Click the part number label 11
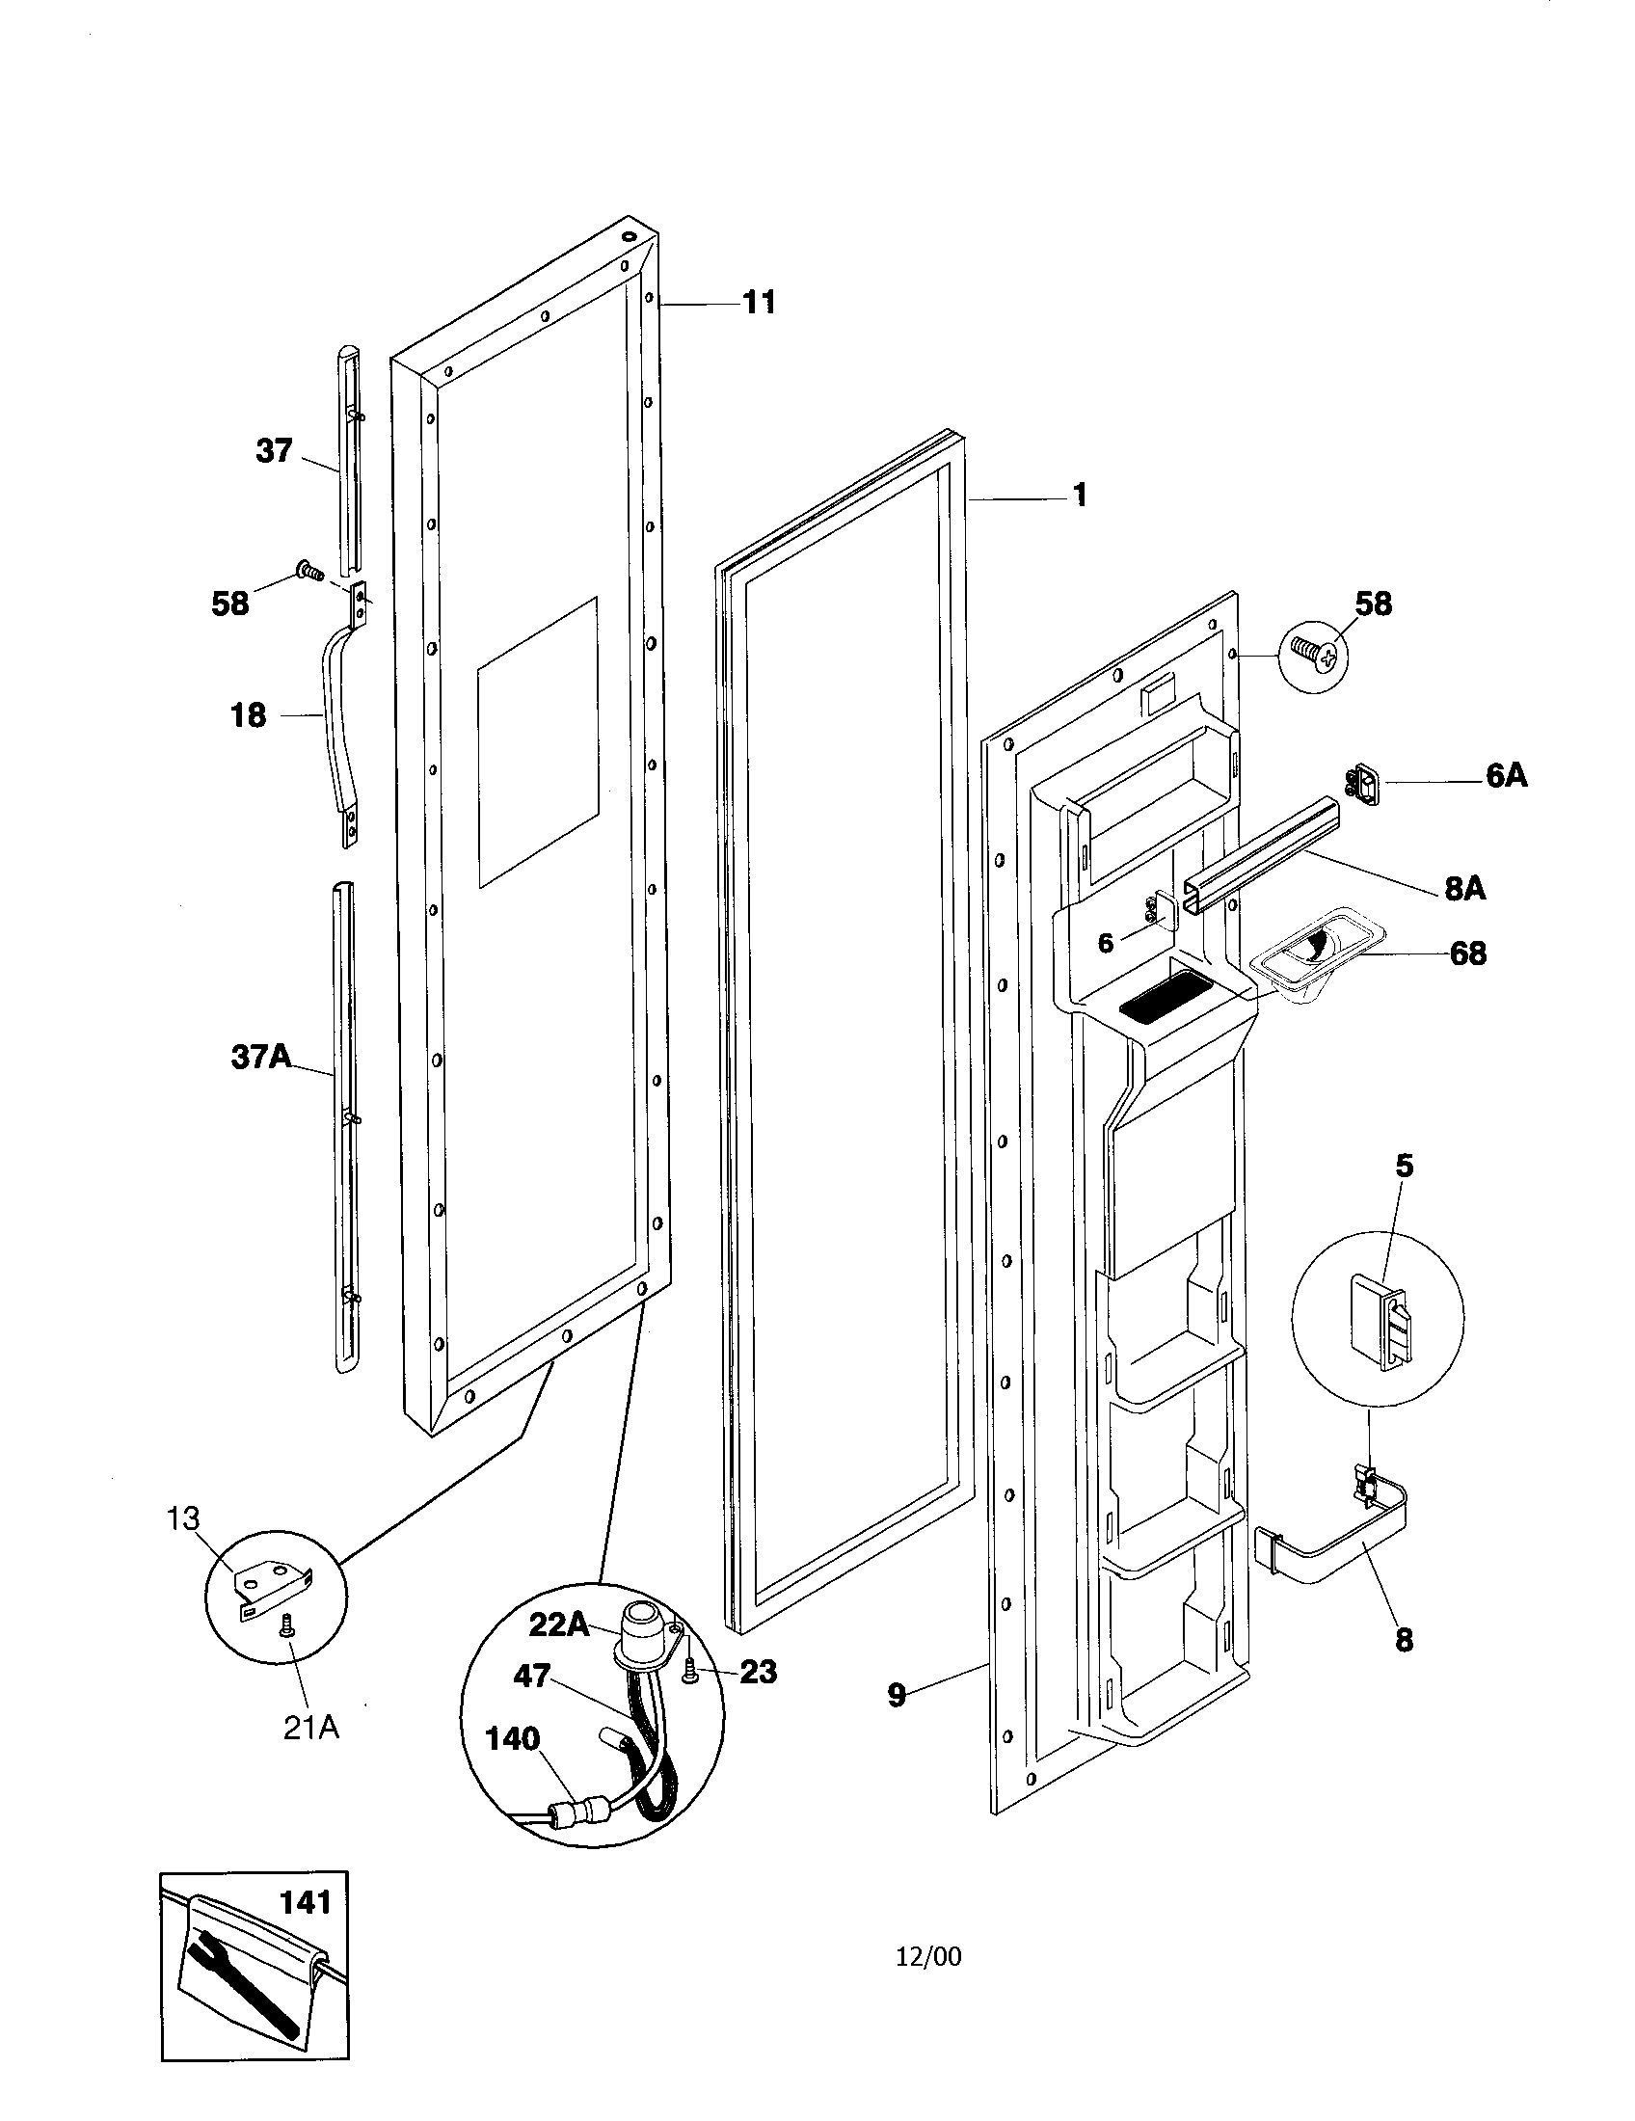click(760, 303)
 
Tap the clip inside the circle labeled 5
click(1376, 1323)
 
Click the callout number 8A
click(1464, 888)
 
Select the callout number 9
click(897, 1697)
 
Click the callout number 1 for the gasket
click(1079, 496)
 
